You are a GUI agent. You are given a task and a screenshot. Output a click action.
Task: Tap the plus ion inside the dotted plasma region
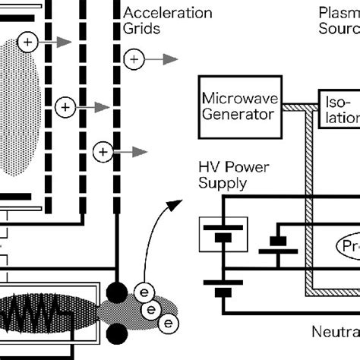tap(27, 43)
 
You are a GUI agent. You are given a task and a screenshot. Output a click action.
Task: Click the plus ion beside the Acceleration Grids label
tap(133, 58)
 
